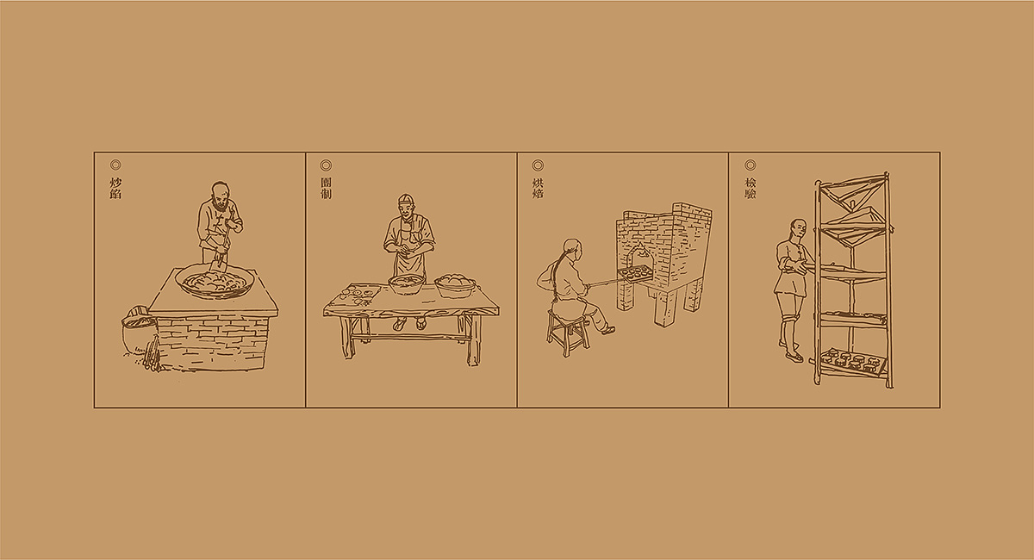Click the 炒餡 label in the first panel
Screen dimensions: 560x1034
(115, 189)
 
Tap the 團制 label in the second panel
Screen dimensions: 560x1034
(326, 189)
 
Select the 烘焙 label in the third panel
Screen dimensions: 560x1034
(538, 189)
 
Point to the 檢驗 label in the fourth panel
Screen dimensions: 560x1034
(750, 189)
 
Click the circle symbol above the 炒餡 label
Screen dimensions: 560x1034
(115, 165)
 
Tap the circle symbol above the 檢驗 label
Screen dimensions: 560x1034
(750, 165)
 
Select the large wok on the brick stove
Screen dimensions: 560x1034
(213, 281)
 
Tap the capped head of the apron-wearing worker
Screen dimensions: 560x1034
(407, 205)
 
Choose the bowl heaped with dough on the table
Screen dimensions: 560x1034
(454, 284)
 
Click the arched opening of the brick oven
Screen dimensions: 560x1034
(637, 257)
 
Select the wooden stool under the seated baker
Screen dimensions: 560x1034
(568, 333)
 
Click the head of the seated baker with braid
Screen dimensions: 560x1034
(571, 249)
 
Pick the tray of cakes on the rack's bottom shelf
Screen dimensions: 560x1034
(853, 358)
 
